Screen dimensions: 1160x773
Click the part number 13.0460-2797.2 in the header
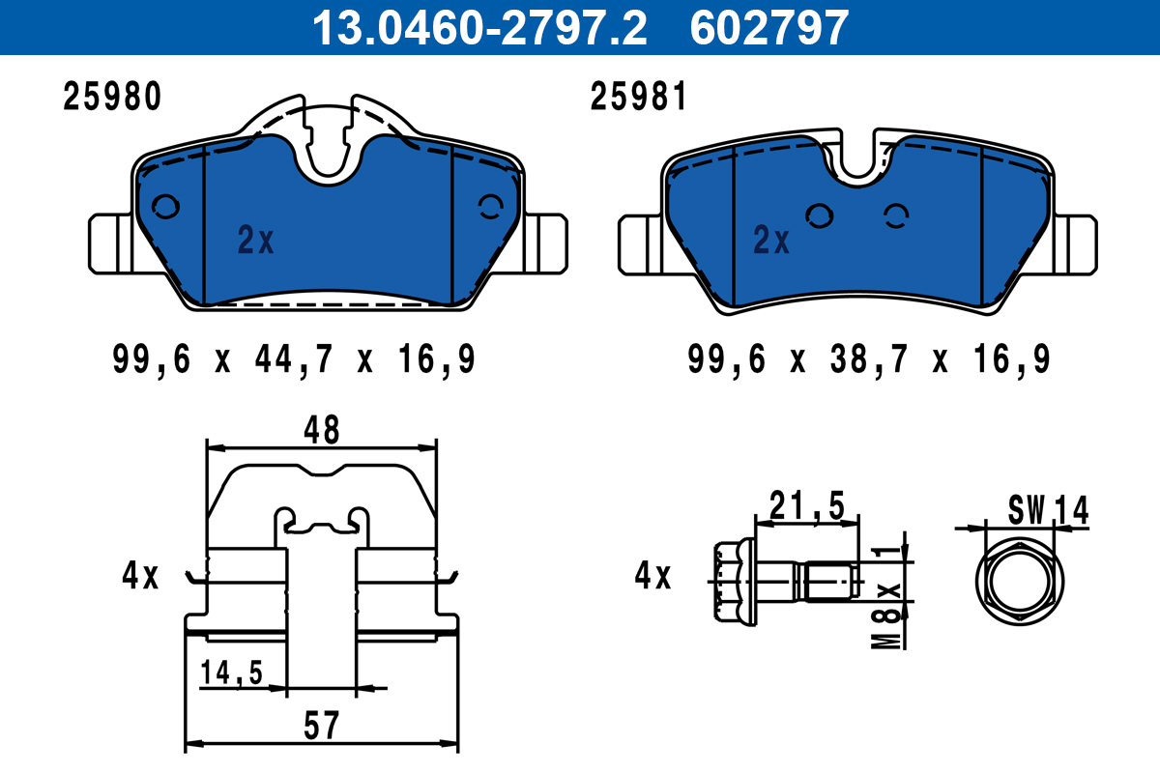tap(479, 28)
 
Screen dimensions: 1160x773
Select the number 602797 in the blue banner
tap(769, 28)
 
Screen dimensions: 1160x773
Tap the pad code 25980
tap(112, 97)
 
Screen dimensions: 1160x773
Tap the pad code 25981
tap(638, 97)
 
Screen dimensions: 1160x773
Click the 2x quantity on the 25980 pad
tap(255, 240)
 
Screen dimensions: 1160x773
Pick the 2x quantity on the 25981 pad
tap(771, 240)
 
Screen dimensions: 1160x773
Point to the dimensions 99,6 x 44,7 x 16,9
tap(294, 359)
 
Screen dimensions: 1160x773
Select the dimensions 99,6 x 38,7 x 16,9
tap(869, 359)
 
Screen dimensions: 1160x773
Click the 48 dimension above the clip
tap(322, 430)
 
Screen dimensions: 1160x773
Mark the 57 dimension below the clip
tap(322, 726)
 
